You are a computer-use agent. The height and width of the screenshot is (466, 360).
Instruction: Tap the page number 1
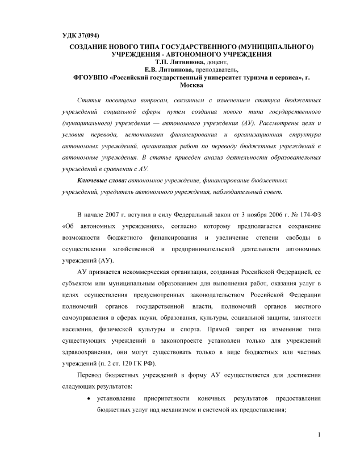(x=320, y=435)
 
